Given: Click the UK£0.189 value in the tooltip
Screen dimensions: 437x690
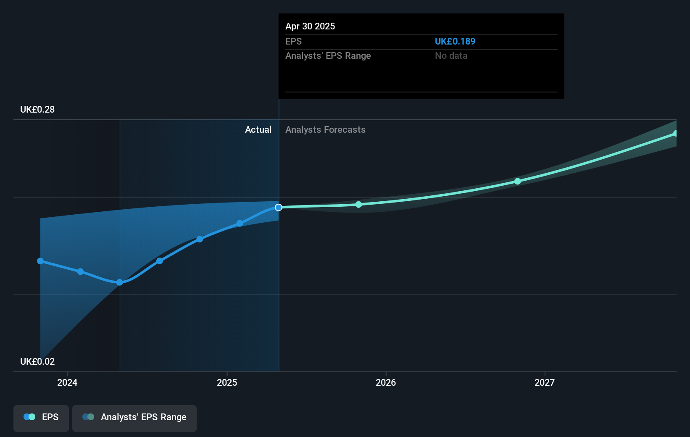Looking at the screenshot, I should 455,41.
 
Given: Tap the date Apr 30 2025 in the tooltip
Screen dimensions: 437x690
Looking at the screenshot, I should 310,26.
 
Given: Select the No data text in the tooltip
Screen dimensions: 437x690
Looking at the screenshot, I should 451,55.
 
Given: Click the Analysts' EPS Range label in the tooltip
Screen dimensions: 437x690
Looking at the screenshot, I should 328,55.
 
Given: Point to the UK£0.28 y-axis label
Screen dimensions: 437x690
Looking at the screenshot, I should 37,109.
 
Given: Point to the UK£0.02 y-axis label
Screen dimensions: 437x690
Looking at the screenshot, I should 37,361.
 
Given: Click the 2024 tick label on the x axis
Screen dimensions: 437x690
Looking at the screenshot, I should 67,382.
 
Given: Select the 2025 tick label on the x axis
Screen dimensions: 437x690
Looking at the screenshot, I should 227,382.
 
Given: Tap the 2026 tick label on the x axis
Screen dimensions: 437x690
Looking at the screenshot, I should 386,382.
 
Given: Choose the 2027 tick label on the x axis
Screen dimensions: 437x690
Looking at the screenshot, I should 545,382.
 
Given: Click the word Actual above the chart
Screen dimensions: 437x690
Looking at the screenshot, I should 258,129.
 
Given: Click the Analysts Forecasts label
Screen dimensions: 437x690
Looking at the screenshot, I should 325,129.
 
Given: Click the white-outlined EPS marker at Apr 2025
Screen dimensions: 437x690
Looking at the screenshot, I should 279,207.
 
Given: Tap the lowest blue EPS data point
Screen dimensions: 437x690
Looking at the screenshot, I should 120,282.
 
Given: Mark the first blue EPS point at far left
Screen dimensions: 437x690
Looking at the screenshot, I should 40,261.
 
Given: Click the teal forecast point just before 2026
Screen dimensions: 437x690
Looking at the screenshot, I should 358,205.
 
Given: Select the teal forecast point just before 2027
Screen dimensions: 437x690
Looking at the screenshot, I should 518,181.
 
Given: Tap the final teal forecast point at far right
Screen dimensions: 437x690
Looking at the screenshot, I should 675,133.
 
